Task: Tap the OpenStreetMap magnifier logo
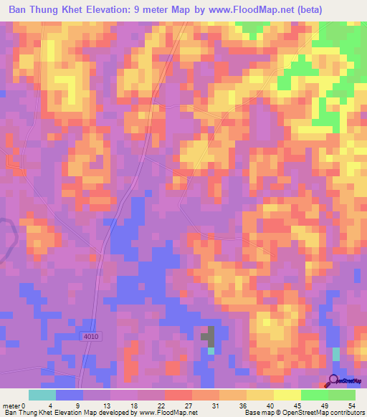pos(334,380)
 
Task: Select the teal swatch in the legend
pos(42,395)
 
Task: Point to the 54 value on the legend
pos(350,406)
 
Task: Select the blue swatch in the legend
pos(70,395)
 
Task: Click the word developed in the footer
pos(104,413)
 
